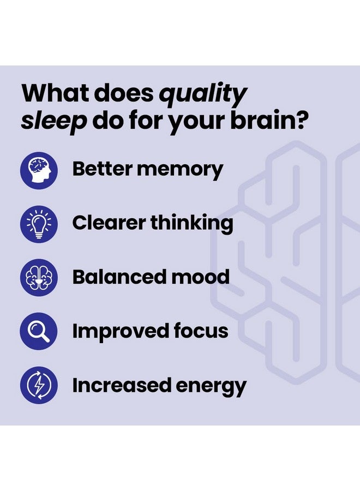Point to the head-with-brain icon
pos(39,170)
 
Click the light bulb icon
pos(39,224)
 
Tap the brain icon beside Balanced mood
pos(39,278)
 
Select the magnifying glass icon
pos(39,332)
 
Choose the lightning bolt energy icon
pos(39,386)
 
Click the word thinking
pos(191,223)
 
